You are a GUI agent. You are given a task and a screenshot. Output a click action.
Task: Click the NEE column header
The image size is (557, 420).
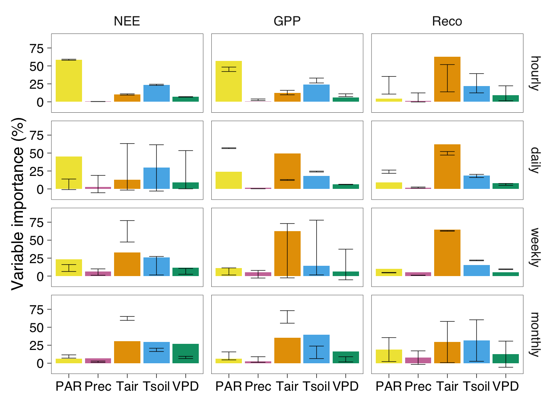(127, 21)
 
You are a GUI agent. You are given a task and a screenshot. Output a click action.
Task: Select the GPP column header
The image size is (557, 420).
(287, 21)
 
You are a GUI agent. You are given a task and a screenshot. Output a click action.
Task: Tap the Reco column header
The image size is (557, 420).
(447, 21)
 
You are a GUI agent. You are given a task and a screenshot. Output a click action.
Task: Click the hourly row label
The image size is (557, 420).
(535, 73)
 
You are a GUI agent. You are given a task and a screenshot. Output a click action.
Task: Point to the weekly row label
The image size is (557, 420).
(535, 248)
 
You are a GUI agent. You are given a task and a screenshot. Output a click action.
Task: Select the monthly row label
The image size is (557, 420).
(535, 334)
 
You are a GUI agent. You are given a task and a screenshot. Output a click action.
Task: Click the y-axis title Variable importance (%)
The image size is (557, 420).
(18, 204)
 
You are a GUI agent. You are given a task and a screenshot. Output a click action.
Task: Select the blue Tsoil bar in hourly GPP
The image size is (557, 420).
(316, 93)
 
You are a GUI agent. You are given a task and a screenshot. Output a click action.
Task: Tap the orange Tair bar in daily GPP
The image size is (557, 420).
(287, 171)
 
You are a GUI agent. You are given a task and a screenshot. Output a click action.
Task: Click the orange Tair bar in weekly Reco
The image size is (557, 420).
(447, 253)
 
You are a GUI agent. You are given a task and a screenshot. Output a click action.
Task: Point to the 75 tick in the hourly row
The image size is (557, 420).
(37, 48)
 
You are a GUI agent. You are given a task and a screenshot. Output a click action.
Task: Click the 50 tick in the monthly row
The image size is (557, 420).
(37, 327)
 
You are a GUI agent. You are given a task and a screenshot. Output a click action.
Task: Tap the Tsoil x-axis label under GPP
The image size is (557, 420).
(316, 386)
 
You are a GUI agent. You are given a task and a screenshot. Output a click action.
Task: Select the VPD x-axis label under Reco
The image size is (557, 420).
(505, 386)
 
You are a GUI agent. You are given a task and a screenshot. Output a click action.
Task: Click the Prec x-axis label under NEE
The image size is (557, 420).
(98, 386)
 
